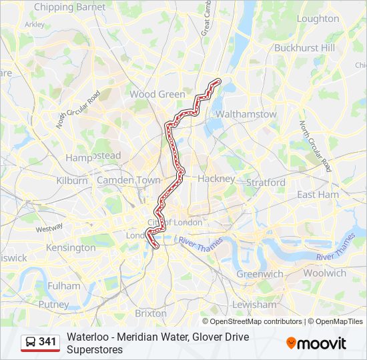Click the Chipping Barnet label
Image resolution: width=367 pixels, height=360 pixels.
[x=69, y=7]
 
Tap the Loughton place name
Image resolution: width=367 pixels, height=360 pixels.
[x=318, y=19]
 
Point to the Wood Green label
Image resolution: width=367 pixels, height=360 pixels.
[x=157, y=94]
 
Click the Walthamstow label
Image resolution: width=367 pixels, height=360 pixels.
[x=246, y=114]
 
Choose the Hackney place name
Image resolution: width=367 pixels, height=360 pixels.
[x=216, y=179]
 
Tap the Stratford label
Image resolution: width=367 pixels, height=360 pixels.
[x=266, y=182]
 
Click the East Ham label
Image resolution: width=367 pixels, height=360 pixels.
[x=318, y=195]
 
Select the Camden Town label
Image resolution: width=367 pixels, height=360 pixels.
[x=129, y=180]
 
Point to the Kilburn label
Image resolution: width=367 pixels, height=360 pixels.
[x=72, y=181]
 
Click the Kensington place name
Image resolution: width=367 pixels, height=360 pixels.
[x=71, y=247]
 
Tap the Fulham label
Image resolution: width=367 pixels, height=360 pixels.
[x=63, y=285]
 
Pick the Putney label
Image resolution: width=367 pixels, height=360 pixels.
[x=53, y=305]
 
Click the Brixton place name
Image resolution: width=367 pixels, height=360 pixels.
[x=151, y=313]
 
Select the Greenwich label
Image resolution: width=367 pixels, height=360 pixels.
[x=260, y=274]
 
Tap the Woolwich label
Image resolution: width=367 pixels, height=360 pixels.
[x=324, y=273]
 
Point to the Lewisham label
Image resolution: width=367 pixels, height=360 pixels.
[x=254, y=305]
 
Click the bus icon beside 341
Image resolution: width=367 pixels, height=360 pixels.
[x=31, y=342]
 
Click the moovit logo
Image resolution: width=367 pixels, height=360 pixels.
[x=316, y=343]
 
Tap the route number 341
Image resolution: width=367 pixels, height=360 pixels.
[x=47, y=342]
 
